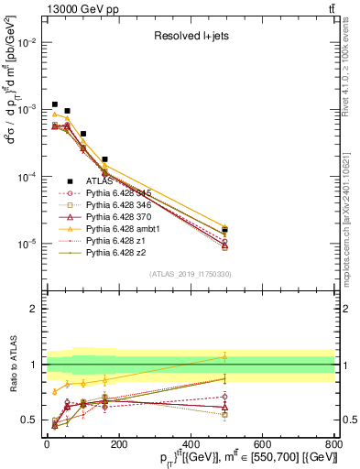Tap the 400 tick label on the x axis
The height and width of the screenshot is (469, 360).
pos(191,443)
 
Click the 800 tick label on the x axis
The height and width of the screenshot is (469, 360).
pos(333,443)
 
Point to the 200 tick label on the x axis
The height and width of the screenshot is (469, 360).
pos(119,443)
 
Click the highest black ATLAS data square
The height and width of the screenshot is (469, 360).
pos(55,104)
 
